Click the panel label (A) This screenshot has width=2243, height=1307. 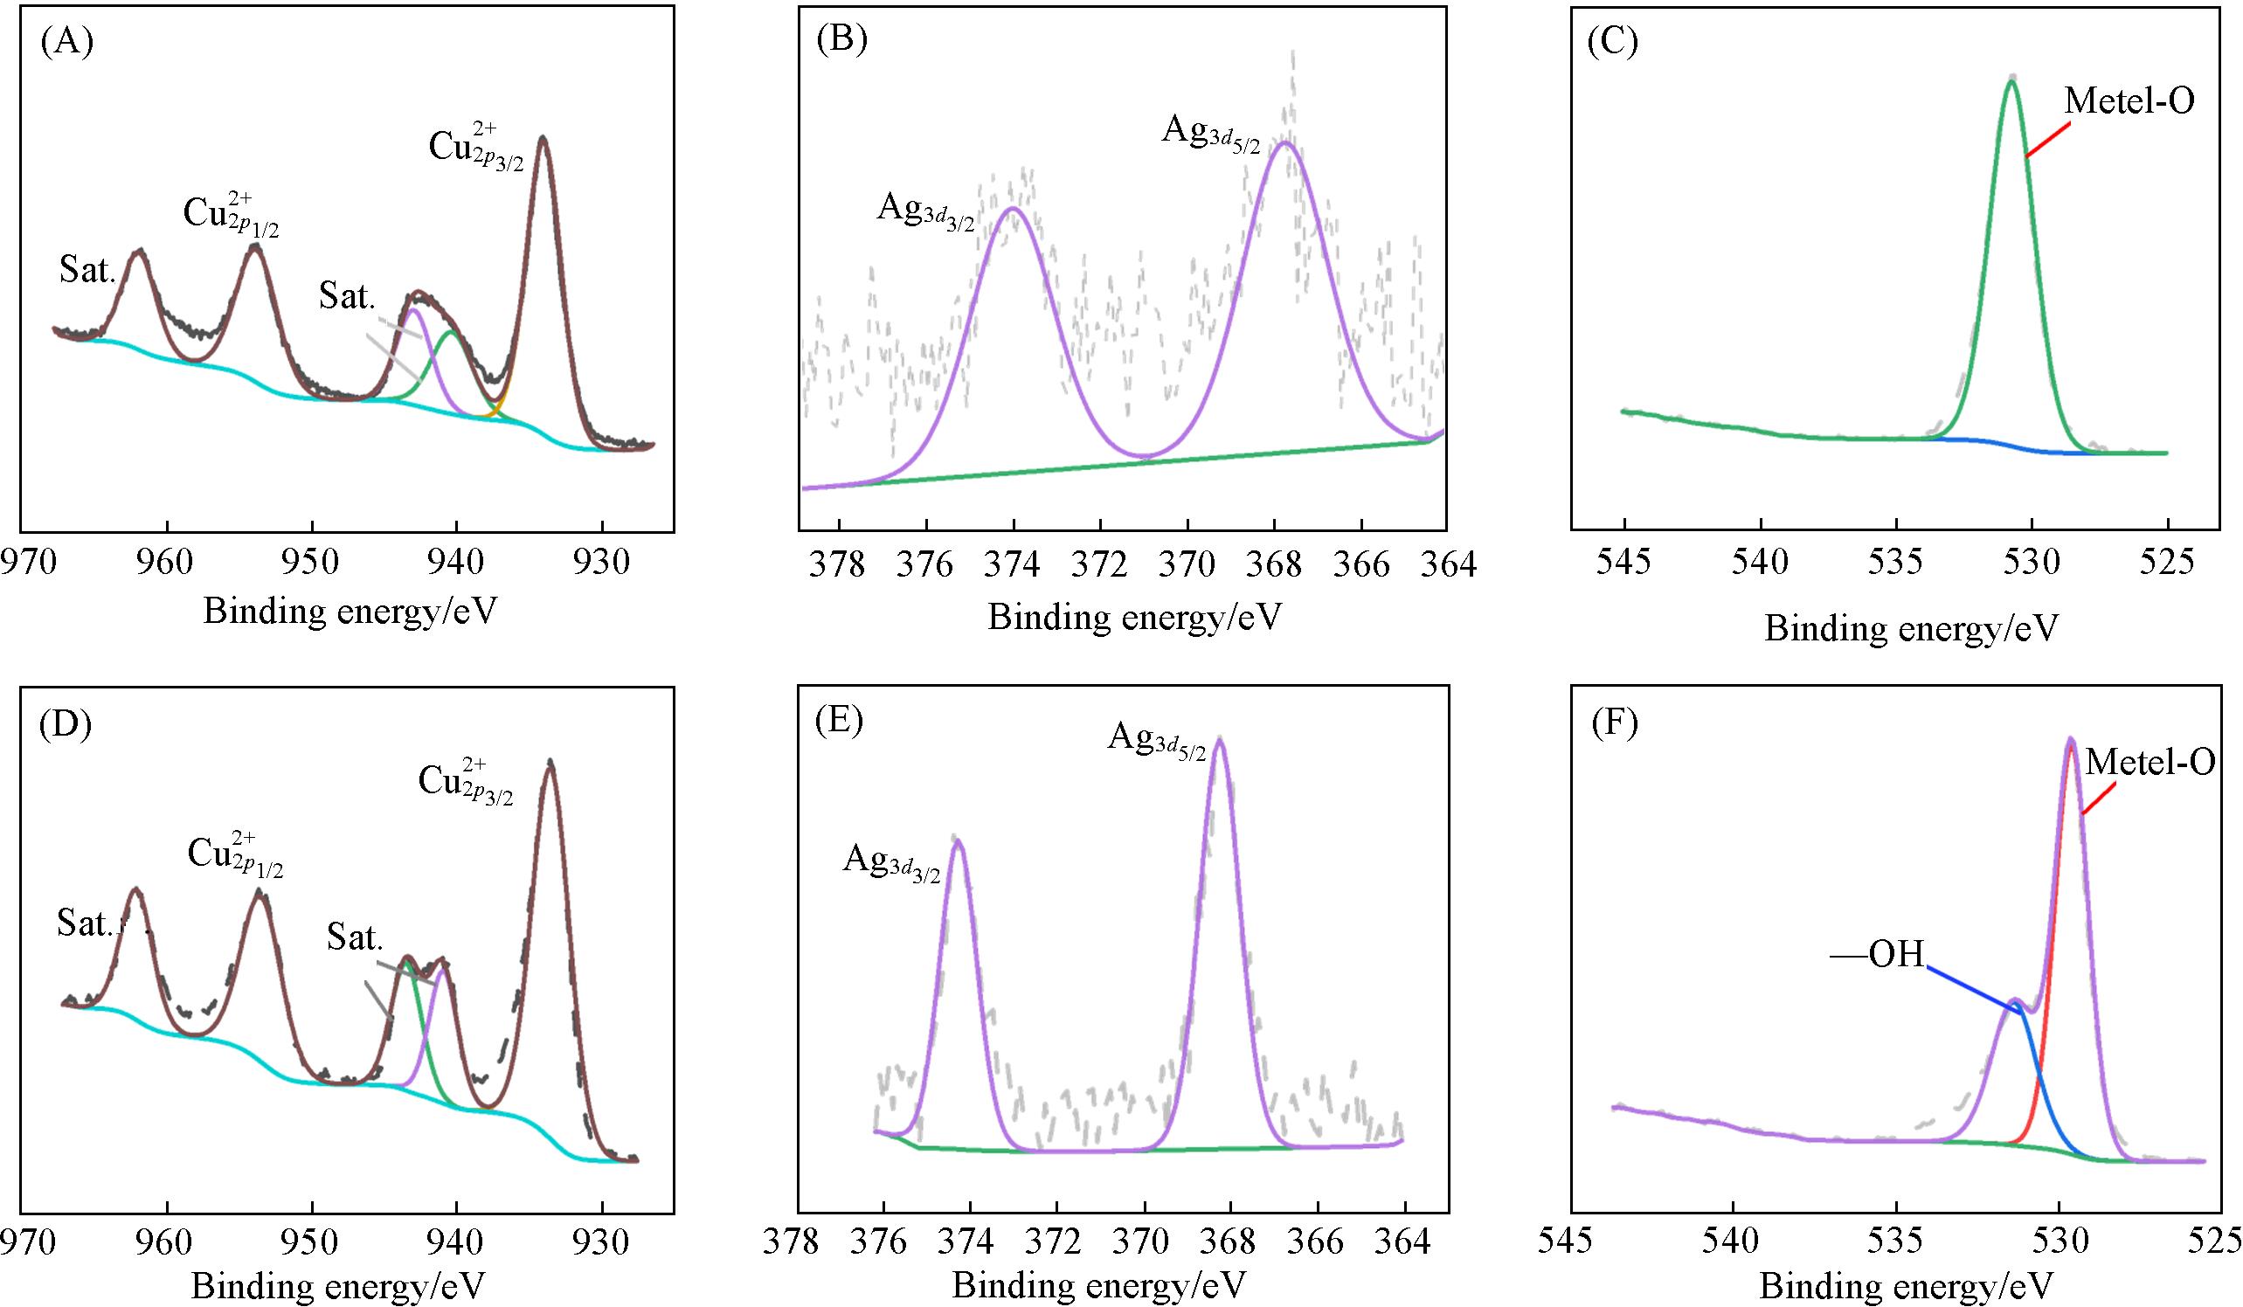[x=67, y=43]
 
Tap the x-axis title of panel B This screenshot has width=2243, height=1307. [x=1134, y=616]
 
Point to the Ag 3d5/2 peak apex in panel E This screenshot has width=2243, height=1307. [x=1220, y=740]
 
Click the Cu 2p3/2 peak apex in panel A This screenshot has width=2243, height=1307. [x=542, y=138]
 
